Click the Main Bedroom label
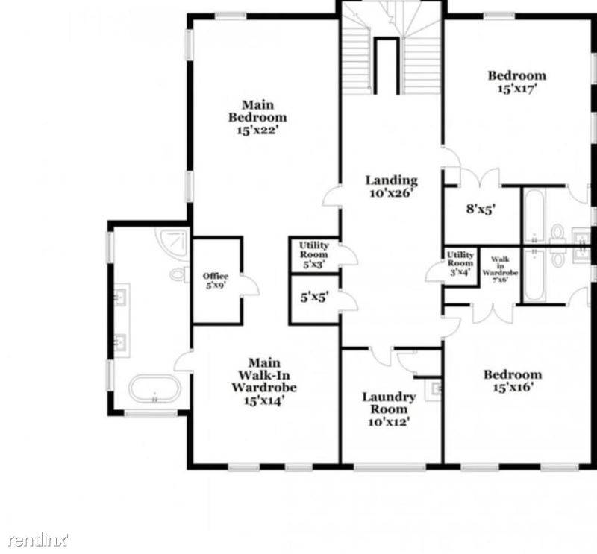pyautogui.click(x=257, y=111)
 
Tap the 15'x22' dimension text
pyautogui.click(x=257, y=129)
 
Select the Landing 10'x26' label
pyautogui.click(x=390, y=186)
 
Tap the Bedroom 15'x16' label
pyautogui.click(x=512, y=381)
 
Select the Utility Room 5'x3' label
pyautogui.click(x=314, y=254)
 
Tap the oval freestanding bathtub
pyautogui.click(x=154, y=388)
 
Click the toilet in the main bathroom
pyautogui.click(x=179, y=274)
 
